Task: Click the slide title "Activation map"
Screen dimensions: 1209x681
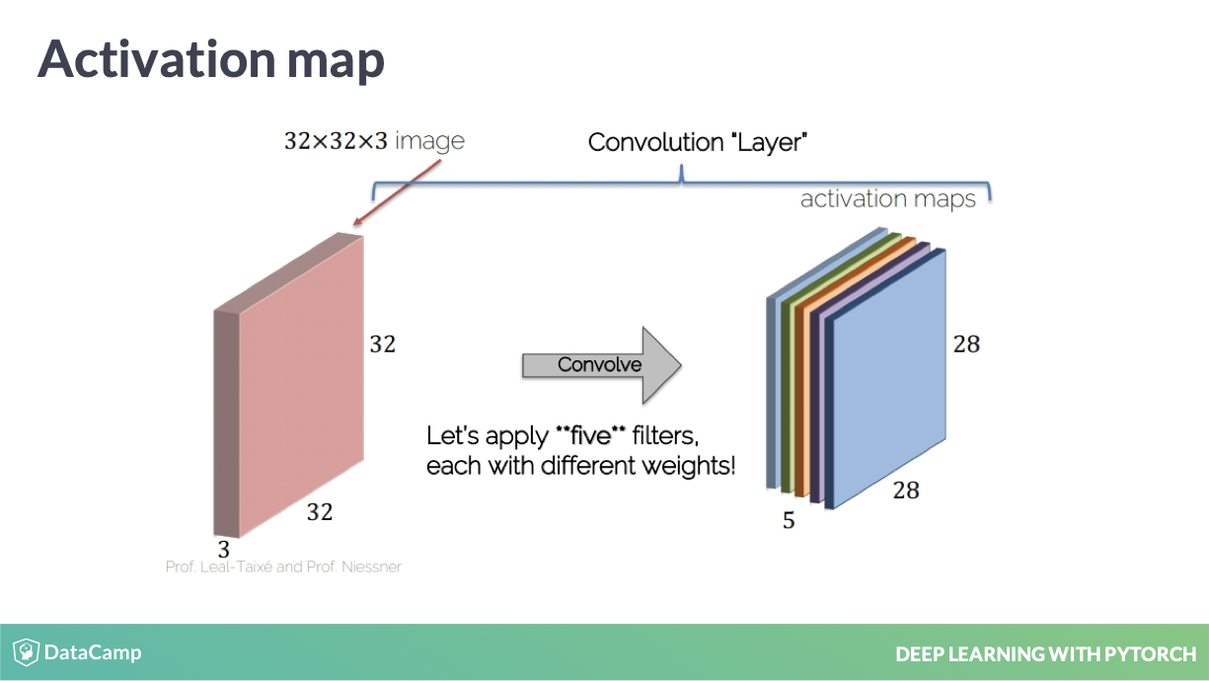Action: [211, 60]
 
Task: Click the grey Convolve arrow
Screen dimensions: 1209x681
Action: [601, 365]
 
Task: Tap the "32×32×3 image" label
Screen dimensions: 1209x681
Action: [374, 141]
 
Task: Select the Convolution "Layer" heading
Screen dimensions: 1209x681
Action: [698, 143]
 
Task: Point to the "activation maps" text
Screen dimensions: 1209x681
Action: [888, 199]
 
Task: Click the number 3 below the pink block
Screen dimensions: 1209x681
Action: [223, 550]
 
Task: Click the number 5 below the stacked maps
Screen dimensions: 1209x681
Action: [789, 520]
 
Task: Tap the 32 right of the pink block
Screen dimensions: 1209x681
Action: [383, 344]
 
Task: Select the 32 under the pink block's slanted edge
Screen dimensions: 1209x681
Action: [320, 512]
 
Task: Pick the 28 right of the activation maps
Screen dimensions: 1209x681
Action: [966, 344]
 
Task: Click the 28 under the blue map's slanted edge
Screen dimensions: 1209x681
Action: [906, 491]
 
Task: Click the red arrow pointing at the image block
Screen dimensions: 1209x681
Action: [397, 192]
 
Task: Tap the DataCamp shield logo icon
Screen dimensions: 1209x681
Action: [26, 651]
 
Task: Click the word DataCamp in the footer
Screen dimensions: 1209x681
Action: [93, 652]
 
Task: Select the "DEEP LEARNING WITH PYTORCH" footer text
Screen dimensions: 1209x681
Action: [1045, 654]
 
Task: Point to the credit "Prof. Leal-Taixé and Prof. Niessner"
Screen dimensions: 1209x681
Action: [283, 567]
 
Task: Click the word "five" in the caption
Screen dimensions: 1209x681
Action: [591, 435]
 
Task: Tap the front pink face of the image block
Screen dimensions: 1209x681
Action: [301, 386]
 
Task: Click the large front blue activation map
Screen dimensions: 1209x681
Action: [889, 378]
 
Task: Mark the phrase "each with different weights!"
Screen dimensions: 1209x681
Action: [580, 466]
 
